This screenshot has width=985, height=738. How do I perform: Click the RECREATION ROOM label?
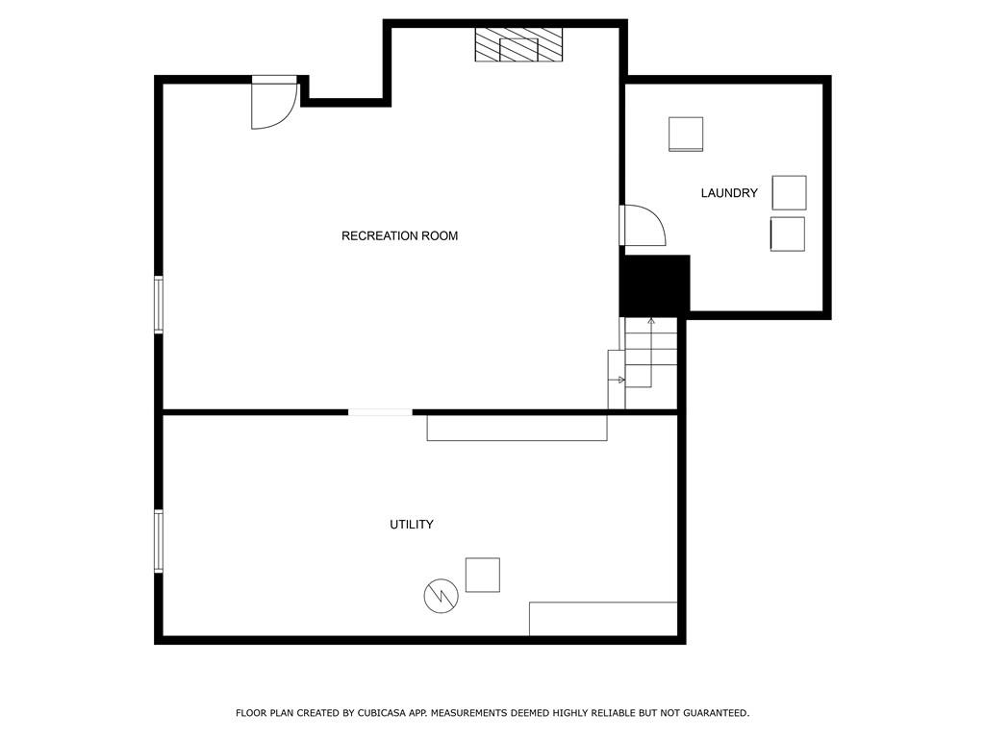click(x=399, y=236)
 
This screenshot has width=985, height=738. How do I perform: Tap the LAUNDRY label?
click(x=729, y=193)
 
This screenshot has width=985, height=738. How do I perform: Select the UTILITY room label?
click(x=412, y=525)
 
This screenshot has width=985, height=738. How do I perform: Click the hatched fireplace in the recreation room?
click(x=518, y=44)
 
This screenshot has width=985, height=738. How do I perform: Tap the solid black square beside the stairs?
click(x=654, y=285)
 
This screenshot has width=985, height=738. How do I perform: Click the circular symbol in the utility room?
click(x=441, y=596)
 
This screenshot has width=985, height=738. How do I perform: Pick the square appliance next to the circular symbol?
click(x=483, y=575)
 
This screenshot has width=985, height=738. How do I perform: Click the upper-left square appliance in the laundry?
click(x=685, y=134)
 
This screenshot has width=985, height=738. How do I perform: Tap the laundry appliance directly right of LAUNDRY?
click(x=789, y=192)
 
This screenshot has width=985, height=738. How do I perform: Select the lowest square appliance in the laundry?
click(x=788, y=234)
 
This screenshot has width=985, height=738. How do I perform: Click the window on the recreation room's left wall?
click(x=159, y=305)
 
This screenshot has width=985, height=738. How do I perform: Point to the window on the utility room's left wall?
click(x=159, y=541)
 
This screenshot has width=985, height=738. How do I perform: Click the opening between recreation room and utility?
click(x=380, y=412)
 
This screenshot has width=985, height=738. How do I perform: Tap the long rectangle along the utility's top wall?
click(x=517, y=428)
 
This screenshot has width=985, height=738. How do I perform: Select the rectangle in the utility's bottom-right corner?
click(x=603, y=619)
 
